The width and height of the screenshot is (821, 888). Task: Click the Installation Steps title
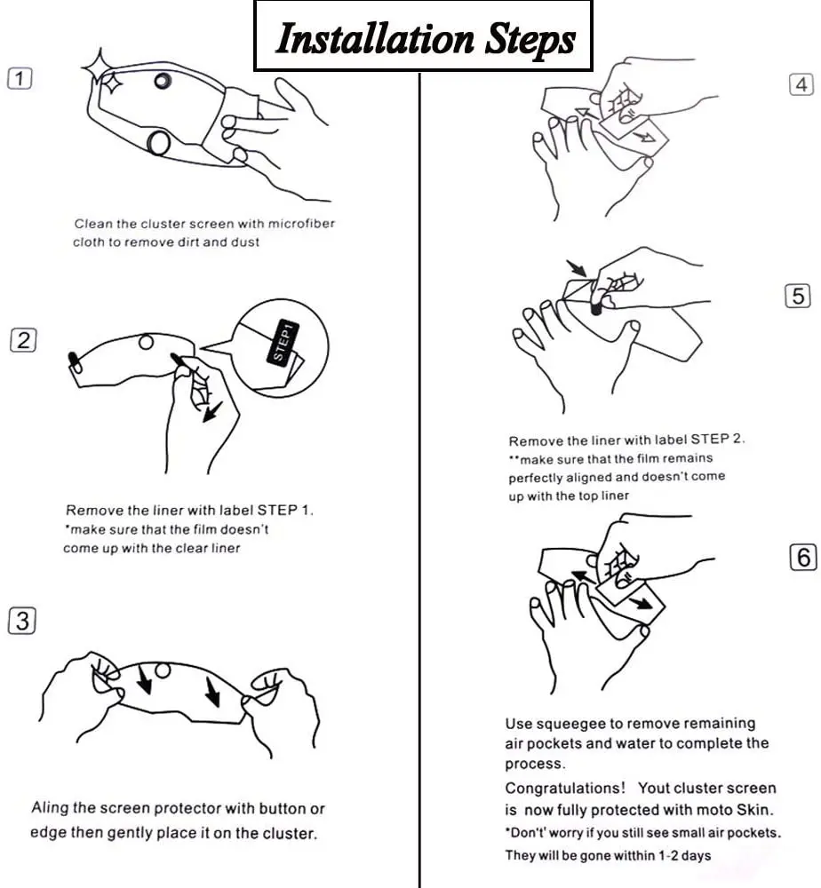426,38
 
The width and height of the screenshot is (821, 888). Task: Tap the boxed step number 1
20,78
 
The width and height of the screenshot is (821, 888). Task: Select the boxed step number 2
23,340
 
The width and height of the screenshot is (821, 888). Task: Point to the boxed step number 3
22,621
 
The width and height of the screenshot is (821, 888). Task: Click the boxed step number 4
801,84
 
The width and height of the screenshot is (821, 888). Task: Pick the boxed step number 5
798,296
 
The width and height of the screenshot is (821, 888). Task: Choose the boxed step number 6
803,558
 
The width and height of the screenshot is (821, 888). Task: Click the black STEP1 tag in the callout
283,342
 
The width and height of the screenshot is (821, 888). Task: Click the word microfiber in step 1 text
301,224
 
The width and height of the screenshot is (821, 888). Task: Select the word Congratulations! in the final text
565,788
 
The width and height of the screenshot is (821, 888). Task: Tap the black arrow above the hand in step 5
578,267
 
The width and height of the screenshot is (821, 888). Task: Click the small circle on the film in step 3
163,671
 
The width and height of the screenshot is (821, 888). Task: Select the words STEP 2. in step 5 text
717,439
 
